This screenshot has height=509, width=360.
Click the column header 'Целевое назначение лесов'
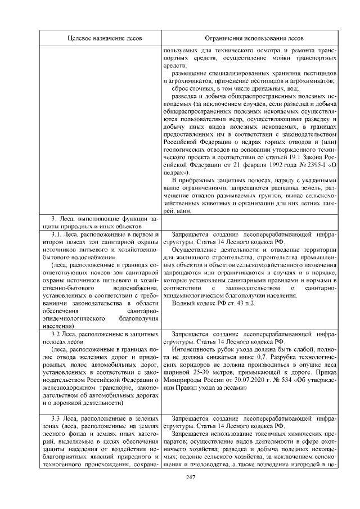pos(105,38)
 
